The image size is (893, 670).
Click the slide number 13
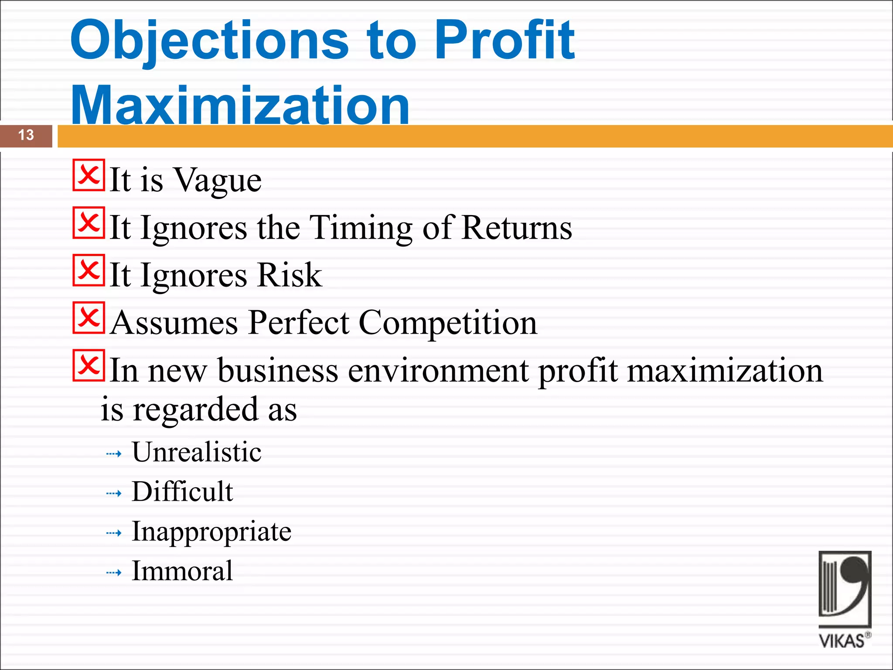tap(26, 135)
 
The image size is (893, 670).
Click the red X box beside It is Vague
tap(89, 175)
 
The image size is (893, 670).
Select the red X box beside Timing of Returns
tap(89, 223)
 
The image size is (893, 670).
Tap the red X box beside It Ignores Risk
tap(89, 270)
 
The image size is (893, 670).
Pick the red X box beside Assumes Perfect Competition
tap(89, 318)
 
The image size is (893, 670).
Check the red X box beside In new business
tap(89, 366)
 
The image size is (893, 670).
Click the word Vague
tap(218, 180)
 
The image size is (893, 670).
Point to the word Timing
tap(361, 228)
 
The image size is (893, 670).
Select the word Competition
tap(448, 323)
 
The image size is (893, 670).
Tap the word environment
tap(439, 370)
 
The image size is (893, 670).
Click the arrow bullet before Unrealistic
tap(114, 454)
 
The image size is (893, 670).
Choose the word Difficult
tap(182, 492)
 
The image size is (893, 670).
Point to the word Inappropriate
tap(211, 532)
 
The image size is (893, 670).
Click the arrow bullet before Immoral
tap(114, 573)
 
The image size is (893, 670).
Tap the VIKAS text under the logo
tap(842, 641)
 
